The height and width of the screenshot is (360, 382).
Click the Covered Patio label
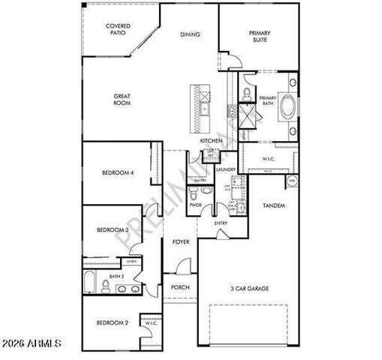117,30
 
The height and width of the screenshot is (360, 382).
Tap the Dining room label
189,34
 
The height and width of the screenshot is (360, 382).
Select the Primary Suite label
260,37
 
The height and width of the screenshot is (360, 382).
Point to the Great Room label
122,99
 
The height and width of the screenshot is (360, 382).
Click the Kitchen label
210,141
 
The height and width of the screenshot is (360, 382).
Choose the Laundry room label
226,169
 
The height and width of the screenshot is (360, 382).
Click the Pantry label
200,181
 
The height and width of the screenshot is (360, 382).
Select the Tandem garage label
273,205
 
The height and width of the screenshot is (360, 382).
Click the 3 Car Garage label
249,288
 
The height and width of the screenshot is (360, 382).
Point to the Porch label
179,287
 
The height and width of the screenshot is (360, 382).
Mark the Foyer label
180,242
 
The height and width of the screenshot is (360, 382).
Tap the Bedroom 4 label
118,173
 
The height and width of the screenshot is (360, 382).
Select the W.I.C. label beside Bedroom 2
150,323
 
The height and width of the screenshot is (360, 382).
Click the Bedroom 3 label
112,230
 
